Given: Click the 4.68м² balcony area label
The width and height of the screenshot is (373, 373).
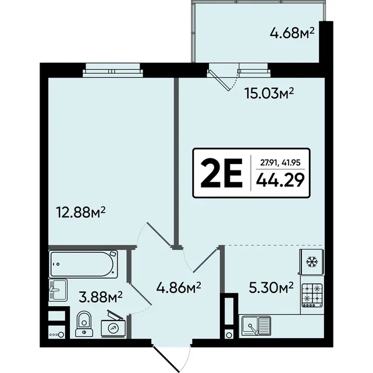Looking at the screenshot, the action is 292,33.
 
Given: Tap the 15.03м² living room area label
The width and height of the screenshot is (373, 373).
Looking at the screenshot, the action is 269,94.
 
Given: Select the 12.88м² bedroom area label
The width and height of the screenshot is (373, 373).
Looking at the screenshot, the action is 80,212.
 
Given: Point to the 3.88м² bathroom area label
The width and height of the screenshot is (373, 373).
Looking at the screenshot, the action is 101,297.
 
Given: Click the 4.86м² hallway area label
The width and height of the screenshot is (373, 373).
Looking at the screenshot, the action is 179,288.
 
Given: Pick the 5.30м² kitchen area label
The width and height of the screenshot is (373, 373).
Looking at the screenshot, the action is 271,287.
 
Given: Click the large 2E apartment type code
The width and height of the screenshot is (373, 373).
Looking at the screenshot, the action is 222,173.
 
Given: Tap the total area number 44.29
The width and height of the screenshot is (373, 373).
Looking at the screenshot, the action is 280,180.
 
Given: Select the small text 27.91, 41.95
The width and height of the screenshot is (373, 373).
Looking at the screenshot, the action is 280,163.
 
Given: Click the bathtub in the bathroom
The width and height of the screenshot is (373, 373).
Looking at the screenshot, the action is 83,264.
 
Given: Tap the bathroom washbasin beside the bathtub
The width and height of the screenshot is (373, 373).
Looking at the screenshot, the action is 58,289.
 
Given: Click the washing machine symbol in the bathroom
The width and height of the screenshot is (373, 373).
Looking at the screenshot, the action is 113,326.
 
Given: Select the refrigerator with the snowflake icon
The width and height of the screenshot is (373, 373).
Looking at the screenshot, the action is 312,262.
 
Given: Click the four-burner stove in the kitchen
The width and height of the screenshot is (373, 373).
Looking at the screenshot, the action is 312,295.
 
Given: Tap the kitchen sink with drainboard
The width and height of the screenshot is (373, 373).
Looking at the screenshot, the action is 256,326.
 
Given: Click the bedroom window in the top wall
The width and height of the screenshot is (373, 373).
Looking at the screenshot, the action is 113,70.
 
